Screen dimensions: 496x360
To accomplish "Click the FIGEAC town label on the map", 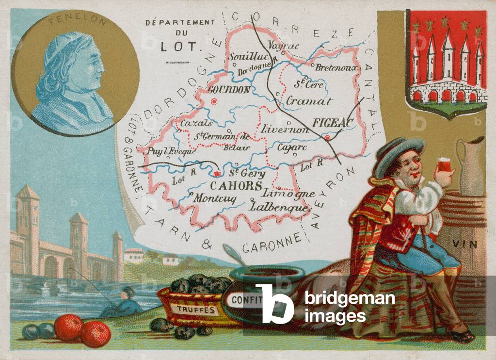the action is (x=331, y=123).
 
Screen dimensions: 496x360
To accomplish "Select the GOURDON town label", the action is (x=228, y=89).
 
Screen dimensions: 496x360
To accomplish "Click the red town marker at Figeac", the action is (x=328, y=138).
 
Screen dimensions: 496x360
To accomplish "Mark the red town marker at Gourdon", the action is (x=214, y=102).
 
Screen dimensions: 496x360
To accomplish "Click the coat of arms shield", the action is (x=446, y=63).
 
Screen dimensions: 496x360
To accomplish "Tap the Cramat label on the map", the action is (x=309, y=101).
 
